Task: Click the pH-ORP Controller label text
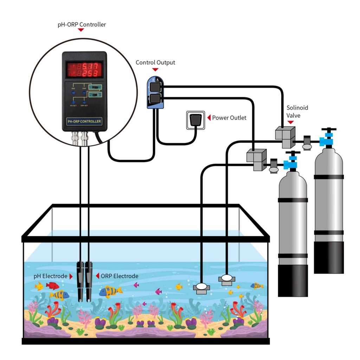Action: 81,25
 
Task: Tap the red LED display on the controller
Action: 84,69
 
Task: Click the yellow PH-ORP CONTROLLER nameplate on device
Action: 84,121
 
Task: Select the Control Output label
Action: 155,63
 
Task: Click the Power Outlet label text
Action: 229,118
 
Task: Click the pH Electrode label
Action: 50,276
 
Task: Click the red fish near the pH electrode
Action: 52,285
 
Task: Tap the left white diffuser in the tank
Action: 201,288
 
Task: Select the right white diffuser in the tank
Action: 226,278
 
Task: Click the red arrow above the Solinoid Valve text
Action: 290,122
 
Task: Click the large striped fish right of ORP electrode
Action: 110,291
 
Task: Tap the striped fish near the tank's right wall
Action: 257,286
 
